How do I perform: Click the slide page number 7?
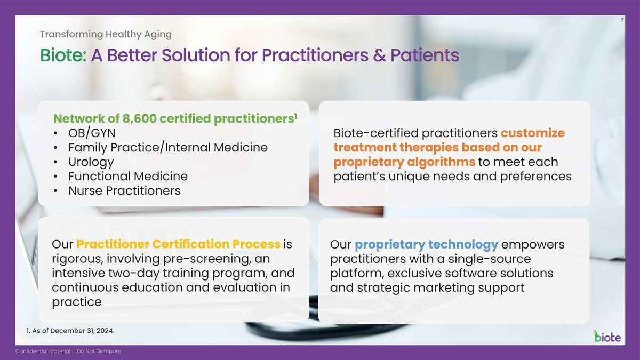click(622, 20)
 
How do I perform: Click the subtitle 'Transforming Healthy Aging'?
click(106, 34)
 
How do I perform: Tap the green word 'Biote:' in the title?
click(63, 55)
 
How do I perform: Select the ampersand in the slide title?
click(379, 55)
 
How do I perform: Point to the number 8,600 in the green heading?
click(140, 118)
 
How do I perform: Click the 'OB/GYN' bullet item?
click(92, 133)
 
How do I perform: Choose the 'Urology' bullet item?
click(91, 162)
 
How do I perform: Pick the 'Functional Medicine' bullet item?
click(128, 177)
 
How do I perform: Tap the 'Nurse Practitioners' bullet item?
click(124, 190)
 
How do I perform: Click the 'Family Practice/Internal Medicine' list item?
click(168, 148)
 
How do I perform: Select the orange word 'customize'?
click(533, 133)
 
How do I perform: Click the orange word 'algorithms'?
click(441, 162)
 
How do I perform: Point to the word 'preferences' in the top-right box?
click(535, 177)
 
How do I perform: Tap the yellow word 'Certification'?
click(191, 244)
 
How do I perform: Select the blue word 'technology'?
click(463, 245)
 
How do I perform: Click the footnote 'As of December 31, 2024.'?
click(73, 331)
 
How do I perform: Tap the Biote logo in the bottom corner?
click(607, 337)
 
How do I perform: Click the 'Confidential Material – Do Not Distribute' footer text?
click(68, 351)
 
